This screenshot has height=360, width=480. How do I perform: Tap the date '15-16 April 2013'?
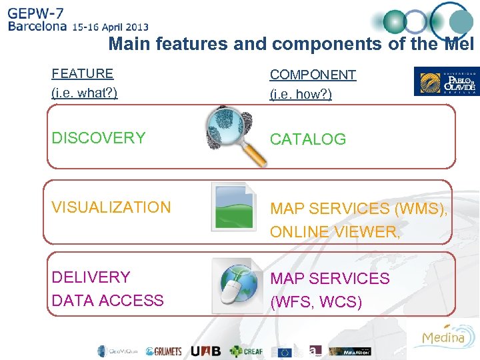pos(111,27)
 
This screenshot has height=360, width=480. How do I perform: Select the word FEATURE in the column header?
pos(83,73)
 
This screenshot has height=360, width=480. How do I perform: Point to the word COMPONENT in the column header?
pos(313,75)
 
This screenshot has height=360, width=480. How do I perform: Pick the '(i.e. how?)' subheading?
pos(301,94)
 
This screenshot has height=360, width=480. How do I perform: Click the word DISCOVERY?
pos(98,138)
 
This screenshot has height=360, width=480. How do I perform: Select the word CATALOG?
pos(307,139)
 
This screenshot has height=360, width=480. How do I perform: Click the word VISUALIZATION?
pos(111,207)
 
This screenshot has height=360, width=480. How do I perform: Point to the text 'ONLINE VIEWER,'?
pos(335,231)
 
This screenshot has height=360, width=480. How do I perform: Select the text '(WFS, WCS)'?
pos(316,302)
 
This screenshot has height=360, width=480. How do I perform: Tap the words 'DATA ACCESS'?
pos(107,301)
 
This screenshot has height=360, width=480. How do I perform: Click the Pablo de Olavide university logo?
pos(446,81)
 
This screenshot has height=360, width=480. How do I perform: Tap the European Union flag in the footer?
pos(285,351)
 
